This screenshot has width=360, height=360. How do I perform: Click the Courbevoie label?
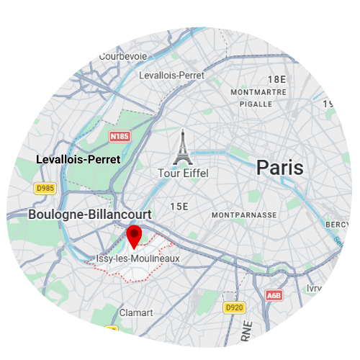123,56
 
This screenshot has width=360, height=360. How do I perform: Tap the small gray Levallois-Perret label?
172,75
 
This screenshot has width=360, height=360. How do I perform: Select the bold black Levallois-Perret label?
78,159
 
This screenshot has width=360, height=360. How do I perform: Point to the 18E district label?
276,79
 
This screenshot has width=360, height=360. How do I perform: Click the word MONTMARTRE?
258,93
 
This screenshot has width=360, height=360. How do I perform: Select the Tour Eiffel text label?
184,174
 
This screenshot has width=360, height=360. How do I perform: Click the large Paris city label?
280,168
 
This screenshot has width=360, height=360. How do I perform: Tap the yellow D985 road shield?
45,189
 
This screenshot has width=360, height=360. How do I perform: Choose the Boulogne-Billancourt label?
90,215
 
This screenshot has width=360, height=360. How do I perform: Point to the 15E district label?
179,207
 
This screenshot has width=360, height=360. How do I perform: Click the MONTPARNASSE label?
245,215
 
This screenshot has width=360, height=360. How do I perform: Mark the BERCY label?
338,225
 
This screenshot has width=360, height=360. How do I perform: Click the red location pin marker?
134,236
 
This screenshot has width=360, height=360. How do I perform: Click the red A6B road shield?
274,295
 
